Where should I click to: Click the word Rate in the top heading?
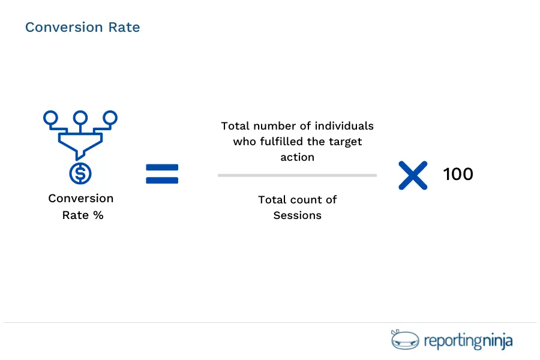(125, 28)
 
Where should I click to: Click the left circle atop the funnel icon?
(51, 118)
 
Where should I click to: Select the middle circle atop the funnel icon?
(80, 118)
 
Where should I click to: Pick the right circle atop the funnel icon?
(110, 118)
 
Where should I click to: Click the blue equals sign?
(162, 174)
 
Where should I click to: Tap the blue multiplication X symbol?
(413, 175)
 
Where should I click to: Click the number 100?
(458, 175)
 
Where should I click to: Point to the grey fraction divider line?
(297, 176)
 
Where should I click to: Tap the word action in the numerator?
(297, 157)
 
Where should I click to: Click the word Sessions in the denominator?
(297, 215)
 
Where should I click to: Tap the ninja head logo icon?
(403, 340)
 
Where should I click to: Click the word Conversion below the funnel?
(80, 199)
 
